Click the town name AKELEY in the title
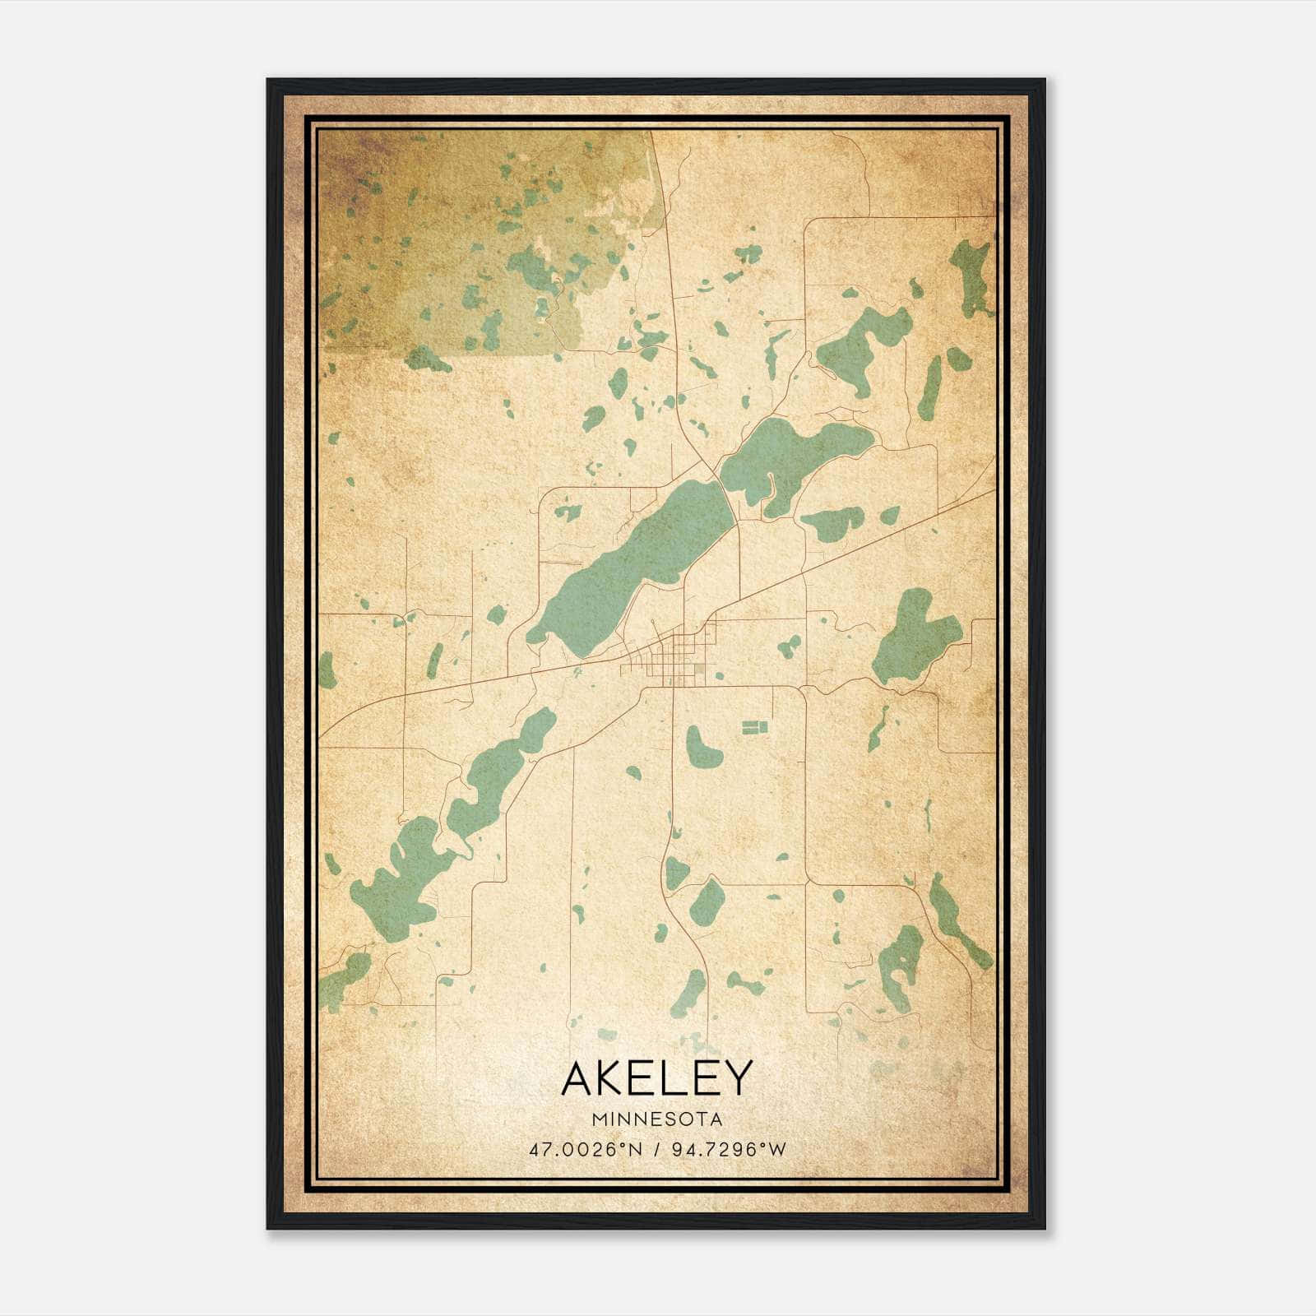(656, 1079)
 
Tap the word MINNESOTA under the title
(656, 1119)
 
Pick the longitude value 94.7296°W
(728, 1148)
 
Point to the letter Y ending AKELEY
(737, 1079)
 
